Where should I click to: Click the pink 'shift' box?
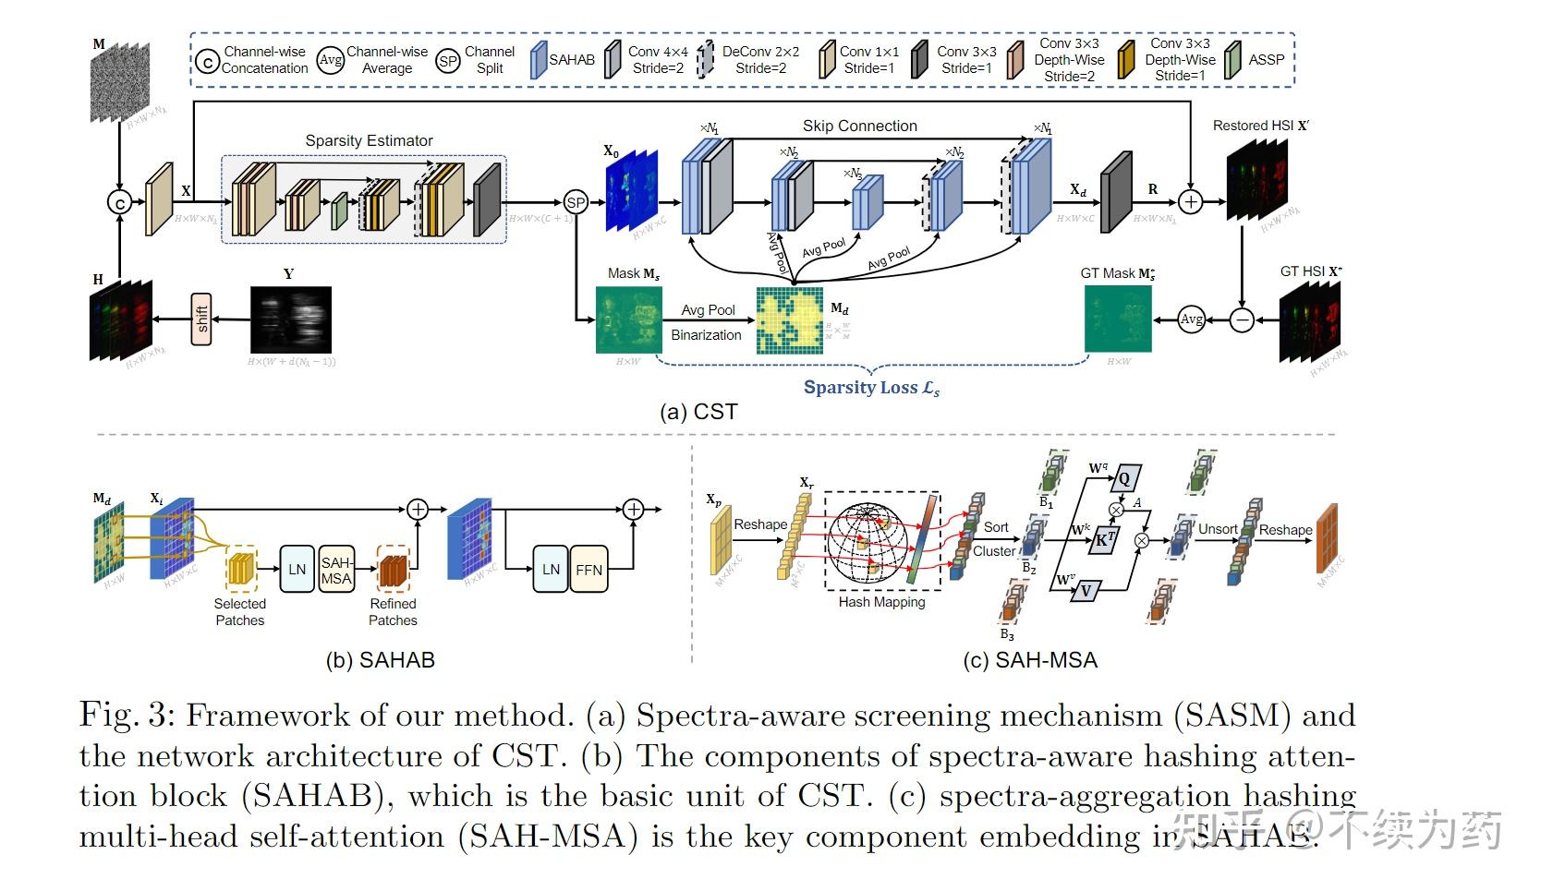coord(201,319)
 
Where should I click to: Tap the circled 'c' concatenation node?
coord(120,201)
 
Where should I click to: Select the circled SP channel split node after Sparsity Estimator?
coord(576,202)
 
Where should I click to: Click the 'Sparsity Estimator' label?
coord(369,140)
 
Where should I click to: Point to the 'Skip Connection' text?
coord(859,126)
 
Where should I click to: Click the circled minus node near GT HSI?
coord(1243,319)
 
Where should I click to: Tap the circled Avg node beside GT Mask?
coord(1192,319)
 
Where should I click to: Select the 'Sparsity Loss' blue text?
coord(871,388)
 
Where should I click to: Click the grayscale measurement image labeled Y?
coord(291,319)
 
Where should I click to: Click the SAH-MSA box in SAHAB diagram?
coord(336,570)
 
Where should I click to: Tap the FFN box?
coord(588,570)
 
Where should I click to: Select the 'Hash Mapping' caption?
coord(881,602)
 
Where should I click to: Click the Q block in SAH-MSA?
coord(1124,479)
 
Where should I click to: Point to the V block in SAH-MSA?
coord(1086,591)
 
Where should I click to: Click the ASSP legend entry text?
coord(1266,59)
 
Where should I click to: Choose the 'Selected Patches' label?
coord(239,611)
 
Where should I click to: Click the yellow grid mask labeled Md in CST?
coord(790,320)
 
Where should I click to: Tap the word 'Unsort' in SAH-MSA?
coord(1218,529)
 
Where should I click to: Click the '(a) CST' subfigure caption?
coord(698,412)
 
